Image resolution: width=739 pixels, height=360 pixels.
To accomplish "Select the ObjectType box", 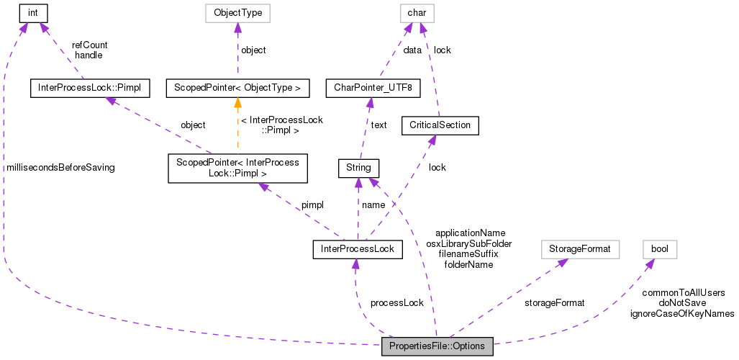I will pyautogui.click(x=237, y=12).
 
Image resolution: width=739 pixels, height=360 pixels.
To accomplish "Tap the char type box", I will pyautogui.click(x=417, y=12).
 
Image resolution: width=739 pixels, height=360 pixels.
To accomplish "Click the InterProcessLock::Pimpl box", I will pyautogui.click(x=90, y=88).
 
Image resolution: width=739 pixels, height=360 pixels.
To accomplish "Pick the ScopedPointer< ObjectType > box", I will pyautogui.click(x=237, y=88).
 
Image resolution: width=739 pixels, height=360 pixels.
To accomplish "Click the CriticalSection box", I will pyautogui.click(x=439, y=125).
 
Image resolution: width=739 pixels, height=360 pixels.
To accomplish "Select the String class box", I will pyautogui.click(x=358, y=168).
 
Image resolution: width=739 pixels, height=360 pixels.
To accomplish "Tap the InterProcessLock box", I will pyautogui.click(x=358, y=249).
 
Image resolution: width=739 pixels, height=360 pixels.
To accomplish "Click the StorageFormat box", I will pyautogui.click(x=579, y=249).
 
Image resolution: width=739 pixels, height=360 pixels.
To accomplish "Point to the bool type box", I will pyautogui.click(x=659, y=249).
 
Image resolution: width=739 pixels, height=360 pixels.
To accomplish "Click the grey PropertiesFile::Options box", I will pyautogui.click(x=437, y=346).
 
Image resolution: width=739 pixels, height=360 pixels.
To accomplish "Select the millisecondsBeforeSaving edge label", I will pyautogui.click(x=60, y=167).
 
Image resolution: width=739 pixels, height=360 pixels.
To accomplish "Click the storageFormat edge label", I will pyautogui.click(x=554, y=302).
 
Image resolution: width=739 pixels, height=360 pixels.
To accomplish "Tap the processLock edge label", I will pyautogui.click(x=396, y=302).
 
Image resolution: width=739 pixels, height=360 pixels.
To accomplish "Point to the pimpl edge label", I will pyautogui.click(x=312, y=204).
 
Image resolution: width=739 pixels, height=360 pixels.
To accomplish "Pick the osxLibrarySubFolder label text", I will pyautogui.click(x=468, y=243).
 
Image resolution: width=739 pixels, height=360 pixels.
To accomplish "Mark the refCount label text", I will pyautogui.click(x=89, y=45).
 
